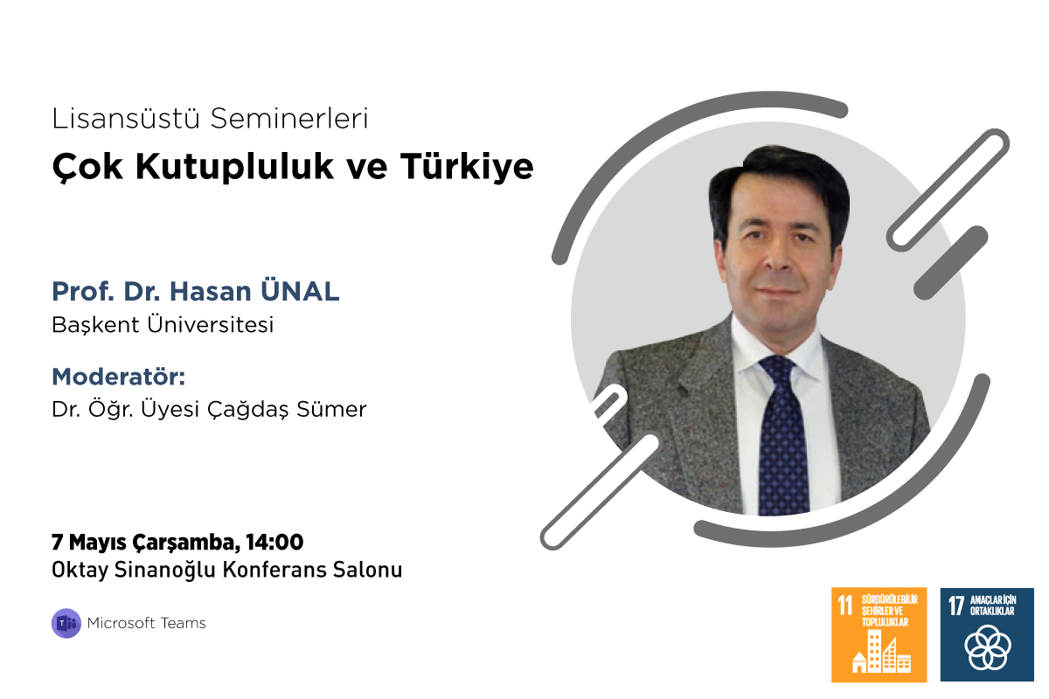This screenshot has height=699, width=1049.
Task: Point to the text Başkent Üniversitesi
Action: pyautogui.click(x=163, y=325)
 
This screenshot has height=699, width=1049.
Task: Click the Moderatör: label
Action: pyautogui.click(x=119, y=377)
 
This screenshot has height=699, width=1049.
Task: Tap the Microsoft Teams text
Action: pyautogui.click(x=147, y=623)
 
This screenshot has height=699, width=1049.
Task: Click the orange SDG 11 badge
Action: pyautogui.click(x=879, y=634)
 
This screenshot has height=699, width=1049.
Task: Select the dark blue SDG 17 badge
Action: pyautogui.click(x=987, y=634)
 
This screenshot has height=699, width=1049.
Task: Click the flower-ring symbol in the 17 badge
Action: pyautogui.click(x=987, y=648)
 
